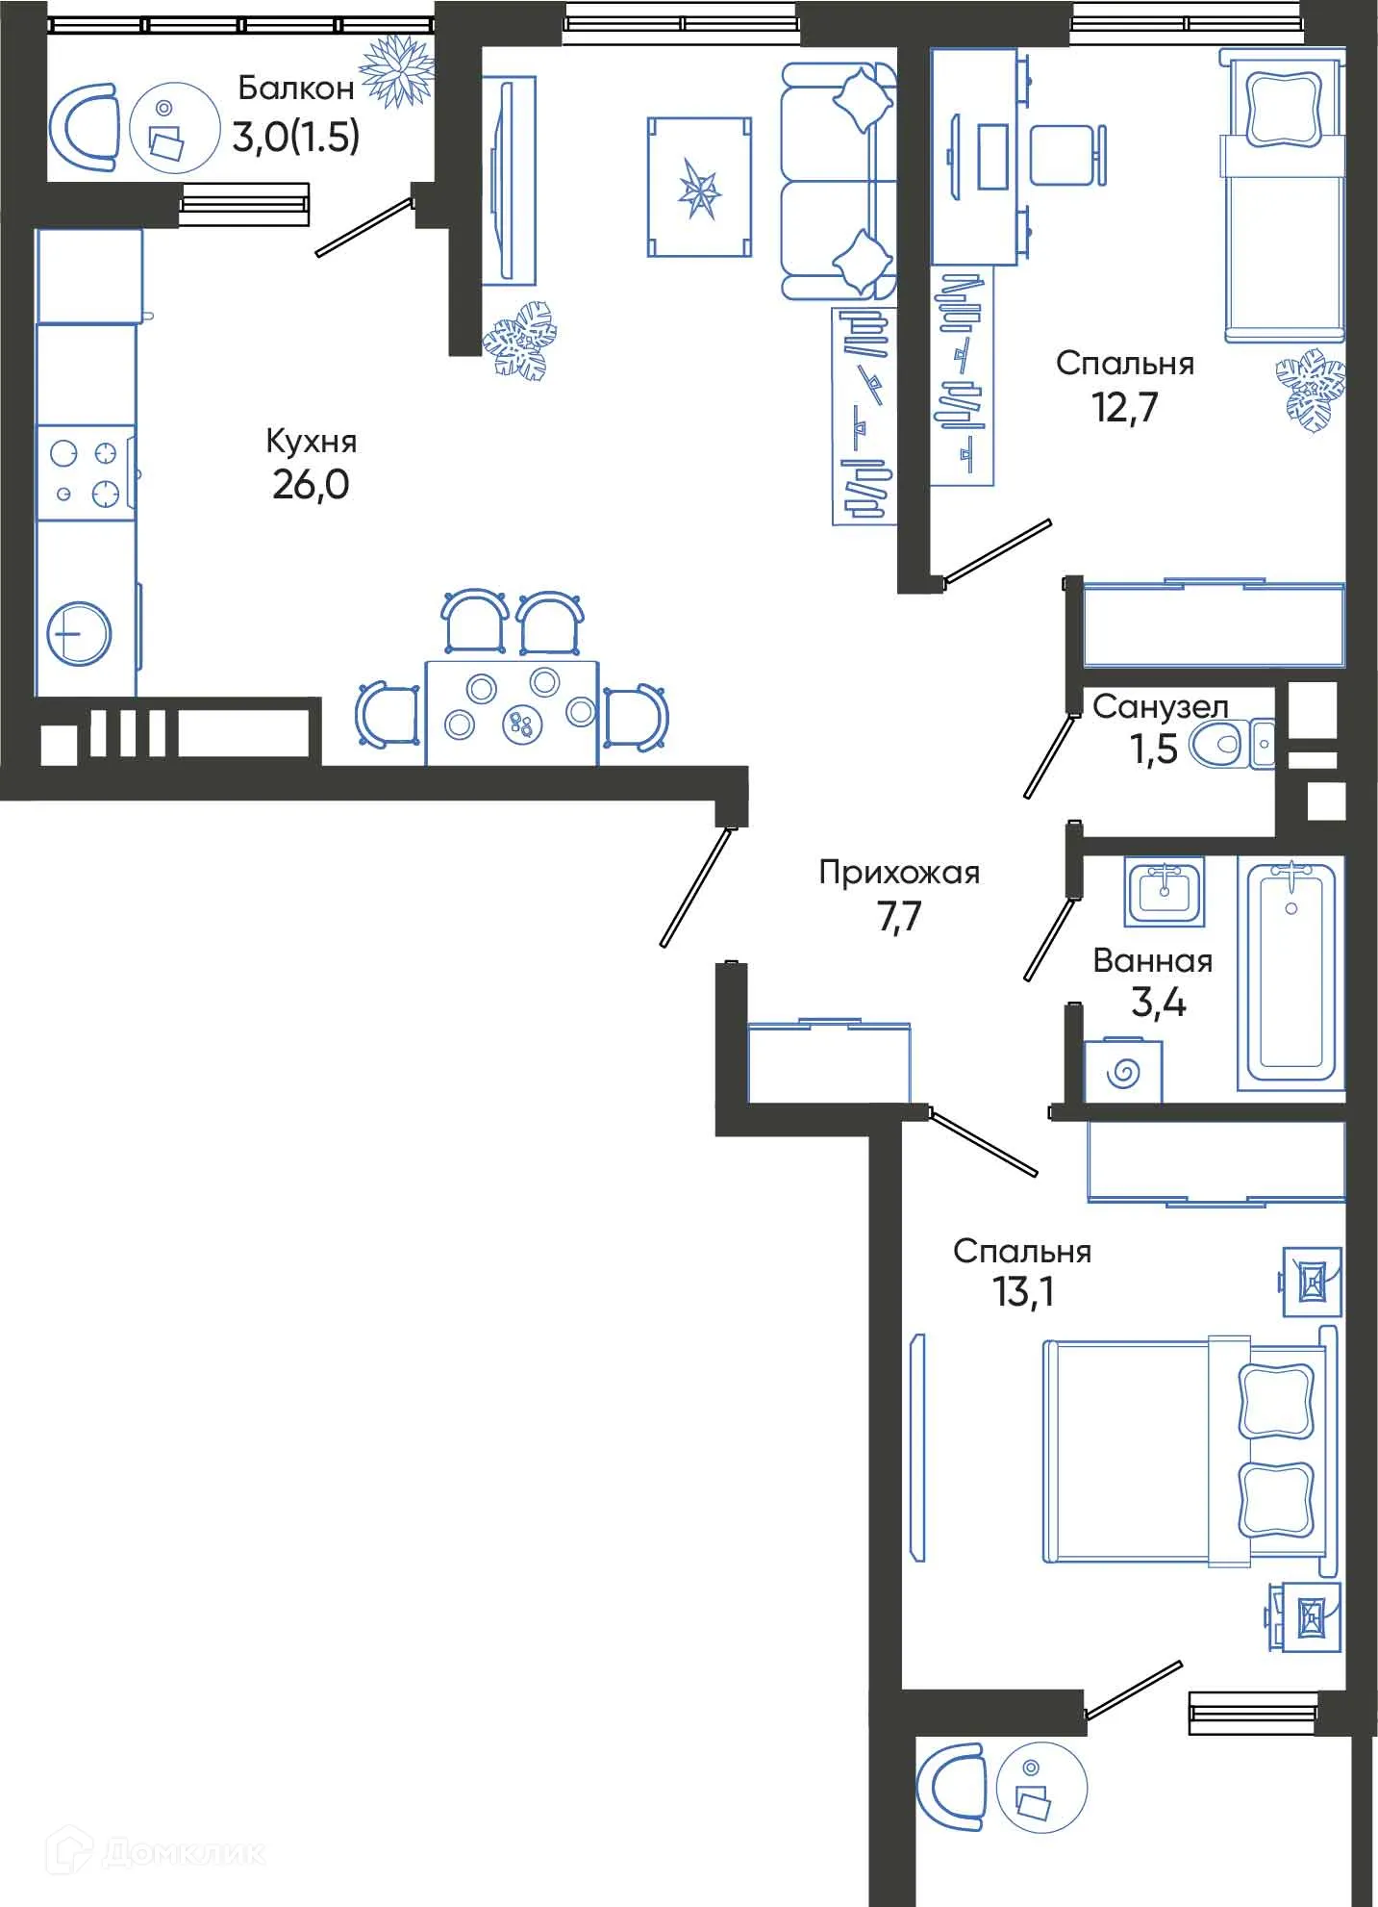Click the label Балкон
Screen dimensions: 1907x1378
pos(295,89)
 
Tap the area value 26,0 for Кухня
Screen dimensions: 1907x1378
pos(310,485)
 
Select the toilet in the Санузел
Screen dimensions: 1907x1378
pos(1216,745)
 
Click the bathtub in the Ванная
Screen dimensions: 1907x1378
pos(1290,972)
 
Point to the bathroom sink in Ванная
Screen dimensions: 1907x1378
pos(1165,890)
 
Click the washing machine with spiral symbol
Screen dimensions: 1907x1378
pos(1122,1072)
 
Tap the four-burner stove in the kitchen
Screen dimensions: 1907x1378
pos(85,472)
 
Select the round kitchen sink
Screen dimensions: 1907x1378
pos(80,634)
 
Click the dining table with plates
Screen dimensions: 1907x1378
pos(512,713)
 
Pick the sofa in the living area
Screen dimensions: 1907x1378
pos(837,180)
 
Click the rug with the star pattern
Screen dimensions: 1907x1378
pos(699,188)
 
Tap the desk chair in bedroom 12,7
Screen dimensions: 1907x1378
pos(1065,155)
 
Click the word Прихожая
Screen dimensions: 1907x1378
pos(898,873)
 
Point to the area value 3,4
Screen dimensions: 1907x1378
pos(1158,1003)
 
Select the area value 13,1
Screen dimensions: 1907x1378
pos(1023,1292)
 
